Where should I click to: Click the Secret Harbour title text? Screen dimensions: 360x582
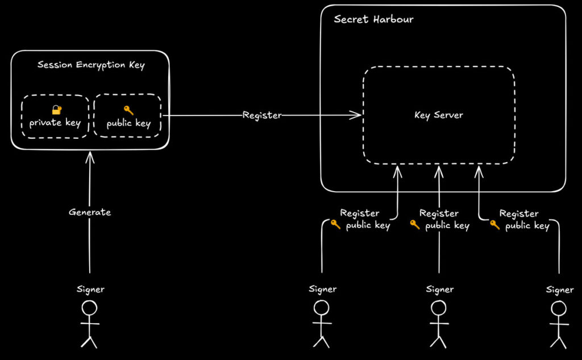click(x=373, y=19)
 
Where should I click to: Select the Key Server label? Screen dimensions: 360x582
click(x=438, y=115)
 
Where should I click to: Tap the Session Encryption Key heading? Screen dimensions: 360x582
click(x=91, y=65)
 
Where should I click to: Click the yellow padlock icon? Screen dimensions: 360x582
click(x=56, y=110)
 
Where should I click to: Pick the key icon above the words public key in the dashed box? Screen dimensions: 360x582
click(x=128, y=110)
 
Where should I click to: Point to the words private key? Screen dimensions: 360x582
click(x=55, y=123)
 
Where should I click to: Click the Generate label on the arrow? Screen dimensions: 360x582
click(x=90, y=212)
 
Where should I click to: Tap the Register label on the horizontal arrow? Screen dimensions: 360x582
click(x=262, y=115)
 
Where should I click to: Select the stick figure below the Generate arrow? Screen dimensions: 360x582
click(x=90, y=324)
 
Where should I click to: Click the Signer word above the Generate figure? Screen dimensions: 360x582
click(x=91, y=289)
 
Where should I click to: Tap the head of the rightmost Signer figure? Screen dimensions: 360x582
click(x=559, y=308)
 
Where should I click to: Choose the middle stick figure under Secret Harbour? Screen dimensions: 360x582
click(x=438, y=324)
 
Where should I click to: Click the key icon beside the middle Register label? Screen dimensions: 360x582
click(x=415, y=225)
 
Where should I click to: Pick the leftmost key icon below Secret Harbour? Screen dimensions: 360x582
click(x=336, y=225)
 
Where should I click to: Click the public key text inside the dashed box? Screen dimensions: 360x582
click(x=128, y=123)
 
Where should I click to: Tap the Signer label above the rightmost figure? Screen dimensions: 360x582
click(x=560, y=290)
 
